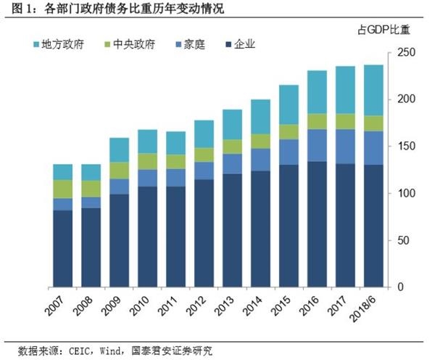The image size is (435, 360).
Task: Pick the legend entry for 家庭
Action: pos(189,44)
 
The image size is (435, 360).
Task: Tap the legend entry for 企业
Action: pos(241,44)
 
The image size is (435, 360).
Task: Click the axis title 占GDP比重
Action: pos(384,30)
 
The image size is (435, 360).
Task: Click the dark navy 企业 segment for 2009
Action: pos(120,240)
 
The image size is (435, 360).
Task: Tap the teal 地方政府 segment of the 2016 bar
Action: pos(316,92)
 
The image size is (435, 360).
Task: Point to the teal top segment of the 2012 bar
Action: pos(204,134)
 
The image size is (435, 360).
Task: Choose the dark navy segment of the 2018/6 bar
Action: pos(373,225)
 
